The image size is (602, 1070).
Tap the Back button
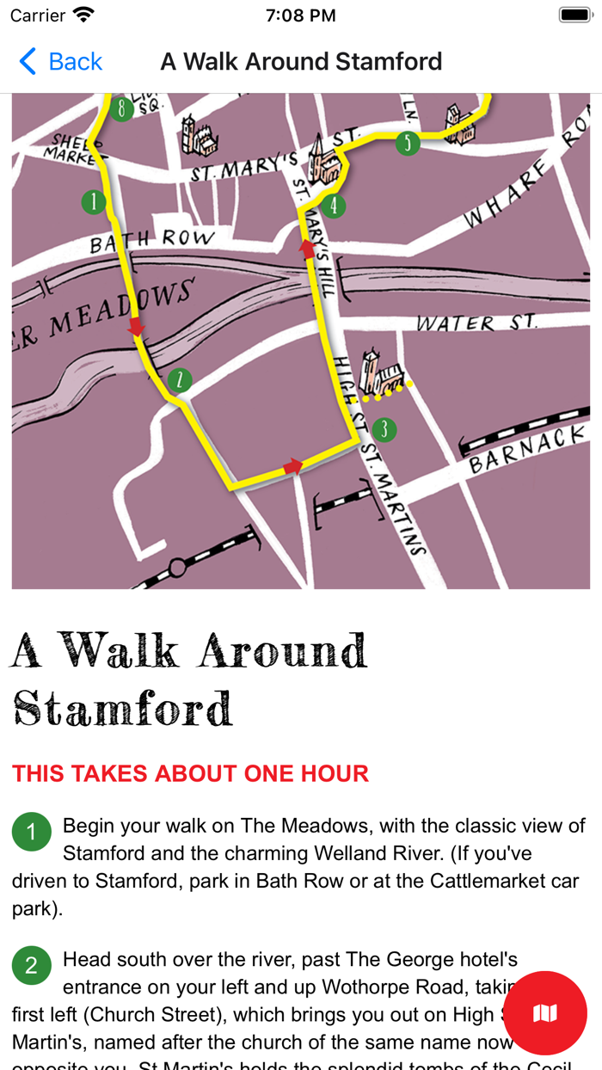(60, 62)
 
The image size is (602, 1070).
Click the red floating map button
(545, 1013)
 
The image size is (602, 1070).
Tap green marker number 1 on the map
(93, 202)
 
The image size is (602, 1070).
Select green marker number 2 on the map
(179, 379)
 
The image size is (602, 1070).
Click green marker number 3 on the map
(384, 429)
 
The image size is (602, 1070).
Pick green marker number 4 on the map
(334, 206)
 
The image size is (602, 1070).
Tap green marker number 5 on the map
(408, 143)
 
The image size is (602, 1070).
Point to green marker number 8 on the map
(122, 108)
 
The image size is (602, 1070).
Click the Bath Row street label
(151, 240)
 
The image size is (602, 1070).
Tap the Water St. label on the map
(476, 323)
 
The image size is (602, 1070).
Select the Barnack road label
(527, 450)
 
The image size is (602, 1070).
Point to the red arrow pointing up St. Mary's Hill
(307, 249)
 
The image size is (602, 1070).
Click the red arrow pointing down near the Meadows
(136, 327)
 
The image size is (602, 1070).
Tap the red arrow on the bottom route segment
(293, 466)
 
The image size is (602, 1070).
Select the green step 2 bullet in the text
(32, 965)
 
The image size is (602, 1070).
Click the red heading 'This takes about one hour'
(190, 773)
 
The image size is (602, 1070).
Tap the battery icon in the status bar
(574, 15)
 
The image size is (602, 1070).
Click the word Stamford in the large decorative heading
(123, 708)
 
